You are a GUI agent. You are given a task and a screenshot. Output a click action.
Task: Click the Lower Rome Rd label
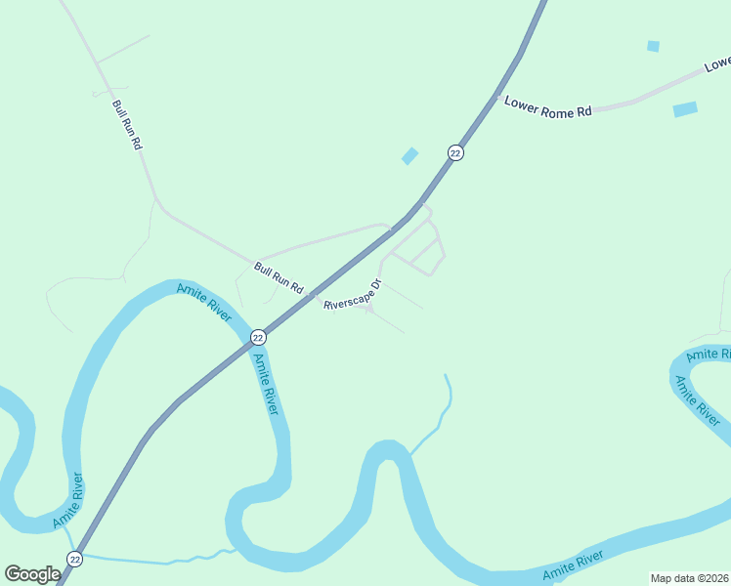(548, 106)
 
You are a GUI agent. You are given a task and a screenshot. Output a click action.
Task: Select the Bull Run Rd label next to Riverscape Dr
(279, 278)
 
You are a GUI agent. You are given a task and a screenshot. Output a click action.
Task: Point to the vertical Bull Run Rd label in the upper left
(128, 125)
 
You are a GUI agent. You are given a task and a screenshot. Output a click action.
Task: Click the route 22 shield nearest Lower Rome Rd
(455, 152)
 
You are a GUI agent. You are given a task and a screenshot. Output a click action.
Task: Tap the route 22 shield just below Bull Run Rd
(257, 337)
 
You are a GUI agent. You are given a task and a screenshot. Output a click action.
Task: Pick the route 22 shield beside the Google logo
(75, 559)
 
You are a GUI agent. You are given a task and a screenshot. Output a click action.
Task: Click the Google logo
(32, 574)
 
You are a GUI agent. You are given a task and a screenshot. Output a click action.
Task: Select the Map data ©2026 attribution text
(689, 578)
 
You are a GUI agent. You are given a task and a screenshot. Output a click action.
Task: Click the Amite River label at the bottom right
(576, 565)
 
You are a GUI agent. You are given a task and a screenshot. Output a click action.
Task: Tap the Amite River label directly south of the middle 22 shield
(266, 384)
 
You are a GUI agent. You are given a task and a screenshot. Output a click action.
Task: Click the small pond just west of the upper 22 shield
(409, 155)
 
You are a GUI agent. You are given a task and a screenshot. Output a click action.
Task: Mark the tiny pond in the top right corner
(653, 46)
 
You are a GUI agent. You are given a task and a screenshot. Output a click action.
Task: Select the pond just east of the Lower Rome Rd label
(685, 109)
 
